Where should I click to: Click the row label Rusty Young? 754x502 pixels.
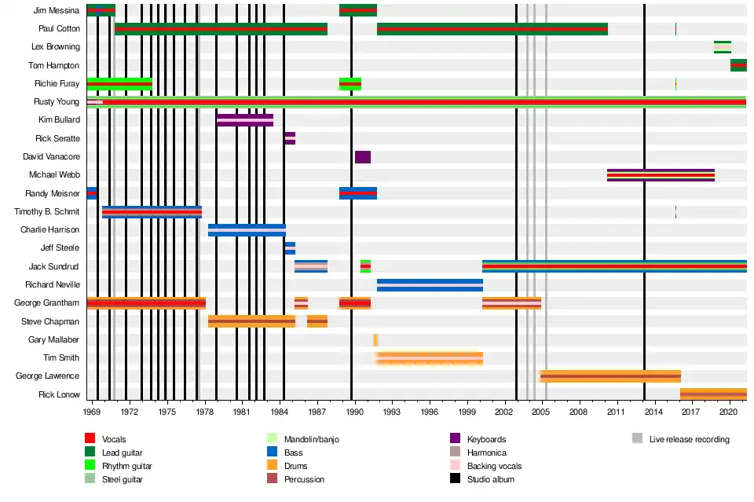(x=57, y=102)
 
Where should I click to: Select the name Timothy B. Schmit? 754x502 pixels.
(x=47, y=212)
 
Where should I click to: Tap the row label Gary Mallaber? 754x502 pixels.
(x=53, y=340)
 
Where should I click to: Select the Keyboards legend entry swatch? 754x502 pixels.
(x=454, y=439)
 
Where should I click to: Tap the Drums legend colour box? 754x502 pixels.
(x=272, y=466)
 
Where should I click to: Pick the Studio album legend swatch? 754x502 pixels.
(x=454, y=479)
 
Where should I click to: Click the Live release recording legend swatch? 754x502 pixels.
(x=637, y=439)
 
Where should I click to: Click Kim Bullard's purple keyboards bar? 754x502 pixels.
(x=245, y=120)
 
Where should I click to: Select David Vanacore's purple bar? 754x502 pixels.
(x=363, y=157)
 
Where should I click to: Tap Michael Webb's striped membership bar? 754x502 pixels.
(x=661, y=175)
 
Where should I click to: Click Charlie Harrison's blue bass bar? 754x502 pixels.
(x=247, y=230)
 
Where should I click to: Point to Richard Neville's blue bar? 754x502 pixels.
(x=430, y=285)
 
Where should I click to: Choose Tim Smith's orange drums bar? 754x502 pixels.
(x=430, y=358)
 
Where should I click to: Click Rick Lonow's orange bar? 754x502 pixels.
(x=713, y=394)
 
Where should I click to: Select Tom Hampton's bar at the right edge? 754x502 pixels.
(x=738, y=65)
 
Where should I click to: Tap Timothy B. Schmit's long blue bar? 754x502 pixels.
(x=152, y=212)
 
